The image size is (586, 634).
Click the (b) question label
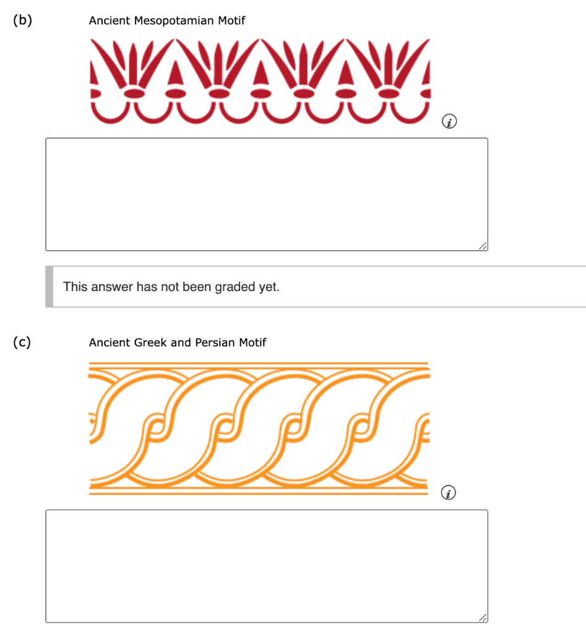[23, 20]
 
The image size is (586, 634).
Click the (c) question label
[23, 342]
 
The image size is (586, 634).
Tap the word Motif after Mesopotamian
[231, 21]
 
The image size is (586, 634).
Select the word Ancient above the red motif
[110, 21]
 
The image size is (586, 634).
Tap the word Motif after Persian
[252, 342]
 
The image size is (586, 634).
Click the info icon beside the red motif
[450, 122]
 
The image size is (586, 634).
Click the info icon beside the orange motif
[450, 493]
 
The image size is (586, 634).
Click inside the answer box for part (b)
[266, 194]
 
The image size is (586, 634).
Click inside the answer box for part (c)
[266, 565]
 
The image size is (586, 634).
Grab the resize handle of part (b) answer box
[483, 246]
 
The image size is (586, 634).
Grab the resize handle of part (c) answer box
[483, 618]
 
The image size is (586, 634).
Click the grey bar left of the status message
[49, 287]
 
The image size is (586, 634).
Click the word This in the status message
[75, 287]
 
